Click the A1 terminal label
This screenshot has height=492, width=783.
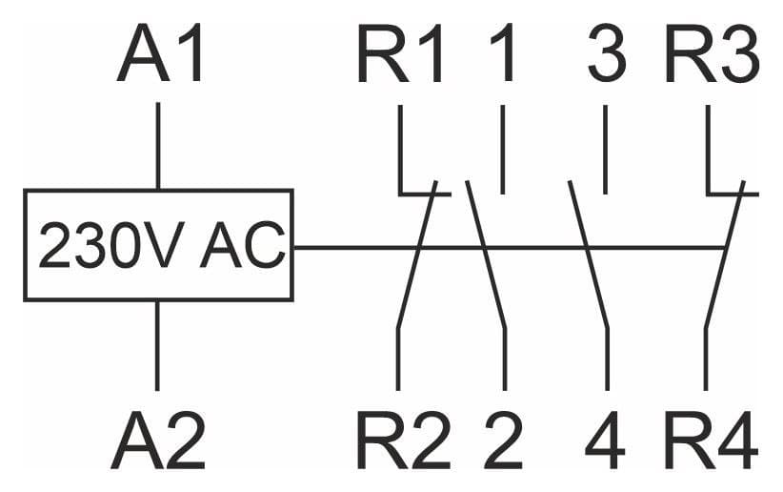(x=160, y=53)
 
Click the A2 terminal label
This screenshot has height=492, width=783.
(x=159, y=439)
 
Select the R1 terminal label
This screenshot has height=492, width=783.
(x=400, y=53)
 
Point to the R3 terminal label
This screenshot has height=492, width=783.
(x=713, y=53)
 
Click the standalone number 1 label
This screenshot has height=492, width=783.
(x=502, y=53)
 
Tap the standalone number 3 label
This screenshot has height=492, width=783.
(x=607, y=53)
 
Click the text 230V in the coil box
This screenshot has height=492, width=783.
(x=108, y=245)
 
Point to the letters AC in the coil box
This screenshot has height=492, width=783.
(x=243, y=245)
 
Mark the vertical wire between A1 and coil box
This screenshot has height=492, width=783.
(x=158, y=146)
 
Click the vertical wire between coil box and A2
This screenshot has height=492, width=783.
(x=157, y=345)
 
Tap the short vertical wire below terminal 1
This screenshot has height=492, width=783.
(x=502, y=150)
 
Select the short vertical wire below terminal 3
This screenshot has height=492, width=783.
(x=605, y=150)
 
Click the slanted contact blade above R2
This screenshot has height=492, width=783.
(x=417, y=255)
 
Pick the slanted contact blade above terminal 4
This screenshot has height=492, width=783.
(x=589, y=255)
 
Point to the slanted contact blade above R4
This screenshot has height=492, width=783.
(x=725, y=255)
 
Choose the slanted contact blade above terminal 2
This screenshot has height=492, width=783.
(x=486, y=255)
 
